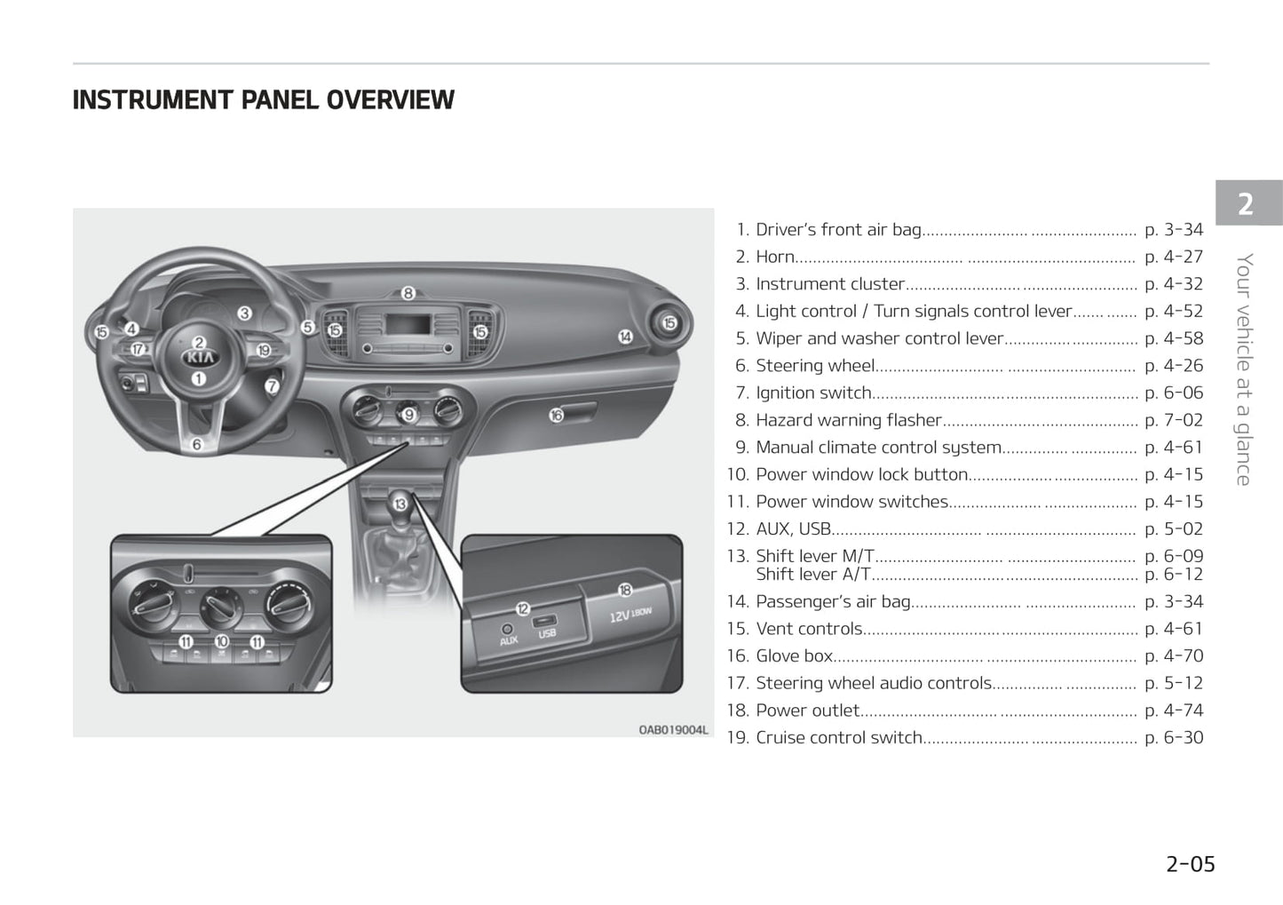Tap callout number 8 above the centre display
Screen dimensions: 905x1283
pyautogui.click(x=408, y=293)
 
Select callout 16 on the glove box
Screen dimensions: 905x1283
pyautogui.click(x=556, y=415)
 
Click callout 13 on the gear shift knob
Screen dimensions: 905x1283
pyautogui.click(x=400, y=504)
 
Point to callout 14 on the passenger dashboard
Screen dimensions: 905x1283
pyautogui.click(x=625, y=337)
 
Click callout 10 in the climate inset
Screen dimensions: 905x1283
pyautogui.click(x=221, y=641)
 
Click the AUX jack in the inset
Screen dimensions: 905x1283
pyautogui.click(x=508, y=629)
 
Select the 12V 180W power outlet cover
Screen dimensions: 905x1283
pyautogui.click(x=630, y=615)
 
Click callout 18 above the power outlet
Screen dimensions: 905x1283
pyautogui.click(x=624, y=589)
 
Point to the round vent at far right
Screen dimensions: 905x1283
pyautogui.click(x=669, y=323)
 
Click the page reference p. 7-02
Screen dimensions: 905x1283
pyautogui.click(x=1173, y=420)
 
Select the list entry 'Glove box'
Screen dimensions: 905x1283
pyautogui.click(x=794, y=656)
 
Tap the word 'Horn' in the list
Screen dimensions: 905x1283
pyautogui.click(x=775, y=257)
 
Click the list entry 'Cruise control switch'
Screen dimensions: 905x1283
pyautogui.click(x=839, y=738)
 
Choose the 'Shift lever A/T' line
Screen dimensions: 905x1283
pyautogui.click(x=812, y=575)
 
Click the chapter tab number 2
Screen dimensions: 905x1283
pyautogui.click(x=1246, y=204)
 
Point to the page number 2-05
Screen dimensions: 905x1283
pyautogui.click(x=1190, y=864)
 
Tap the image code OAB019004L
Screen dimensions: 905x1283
pyautogui.click(x=673, y=730)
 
